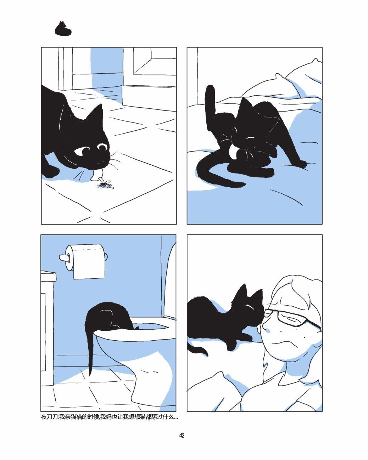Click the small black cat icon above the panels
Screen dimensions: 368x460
click(63, 29)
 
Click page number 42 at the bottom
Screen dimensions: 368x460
click(182, 436)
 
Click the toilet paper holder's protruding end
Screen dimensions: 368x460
click(63, 258)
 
